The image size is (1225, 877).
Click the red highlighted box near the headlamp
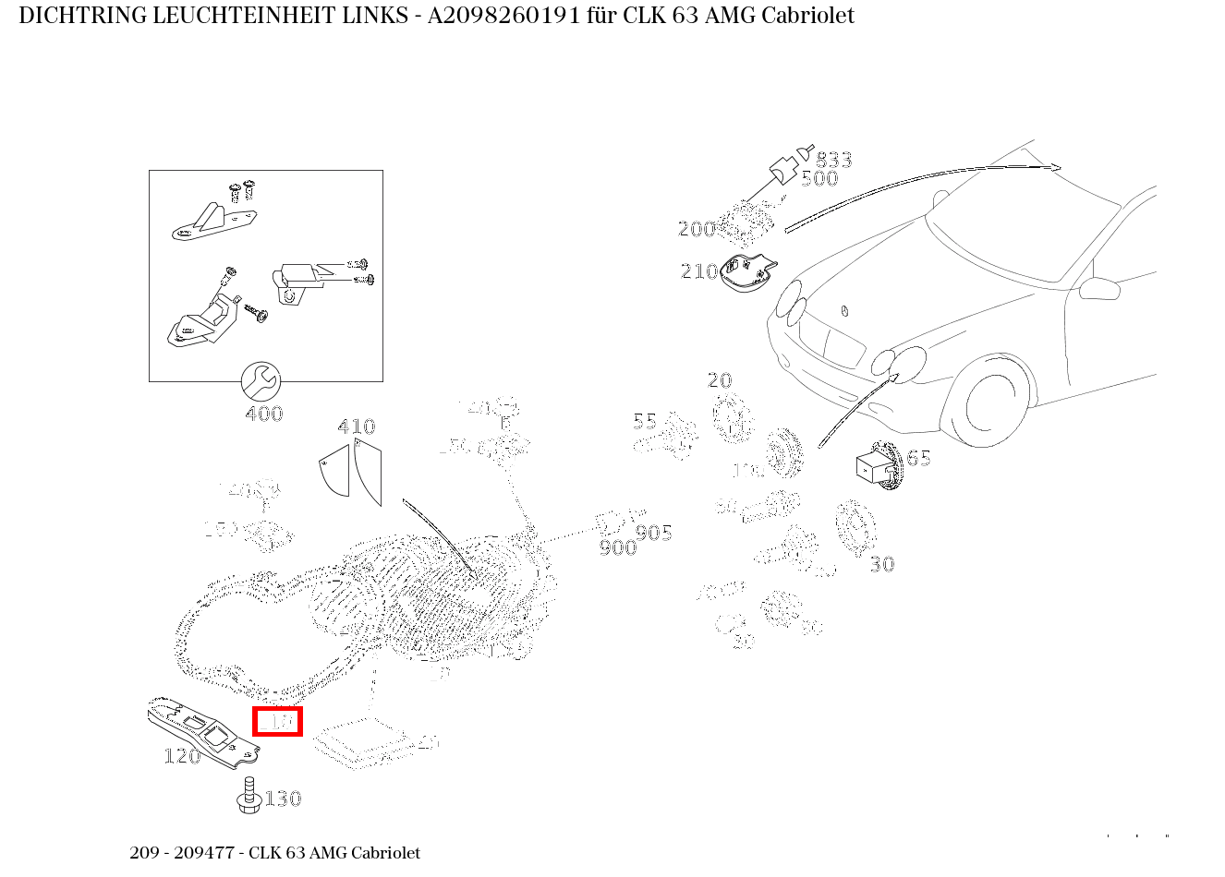(x=278, y=721)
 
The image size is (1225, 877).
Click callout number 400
(x=264, y=414)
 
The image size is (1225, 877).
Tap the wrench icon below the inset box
(x=261, y=380)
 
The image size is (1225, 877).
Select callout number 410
(x=357, y=426)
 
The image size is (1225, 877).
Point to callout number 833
(x=833, y=160)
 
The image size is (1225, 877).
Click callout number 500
(x=819, y=179)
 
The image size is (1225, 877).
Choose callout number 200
(x=697, y=229)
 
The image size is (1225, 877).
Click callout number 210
(x=699, y=271)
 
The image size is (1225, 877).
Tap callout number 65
(x=918, y=459)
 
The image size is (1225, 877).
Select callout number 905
(x=654, y=533)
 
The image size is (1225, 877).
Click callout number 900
(x=618, y=548)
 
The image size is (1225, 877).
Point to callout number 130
(x=283, y=799)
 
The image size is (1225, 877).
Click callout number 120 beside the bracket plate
(x=182, y=756)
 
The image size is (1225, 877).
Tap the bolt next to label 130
(x=248, y=797)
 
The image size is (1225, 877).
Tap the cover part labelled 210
(x=748, y=273)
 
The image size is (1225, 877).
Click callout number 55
(x=645, y=422)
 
